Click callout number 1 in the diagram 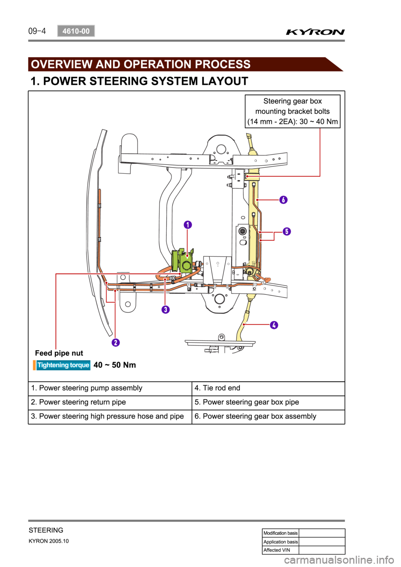188,225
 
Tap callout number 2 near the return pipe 116,342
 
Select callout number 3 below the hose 165,309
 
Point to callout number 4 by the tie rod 274,325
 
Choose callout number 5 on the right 287,231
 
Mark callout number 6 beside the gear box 283,200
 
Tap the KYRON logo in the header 315,32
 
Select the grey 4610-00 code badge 76,31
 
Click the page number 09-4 37,31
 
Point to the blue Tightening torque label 63,365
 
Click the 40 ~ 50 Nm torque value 115,365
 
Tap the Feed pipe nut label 59,353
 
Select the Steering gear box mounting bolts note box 292,111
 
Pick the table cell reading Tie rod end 268,388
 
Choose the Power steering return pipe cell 110,402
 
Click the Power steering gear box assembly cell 268,416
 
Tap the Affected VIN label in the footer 277,550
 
